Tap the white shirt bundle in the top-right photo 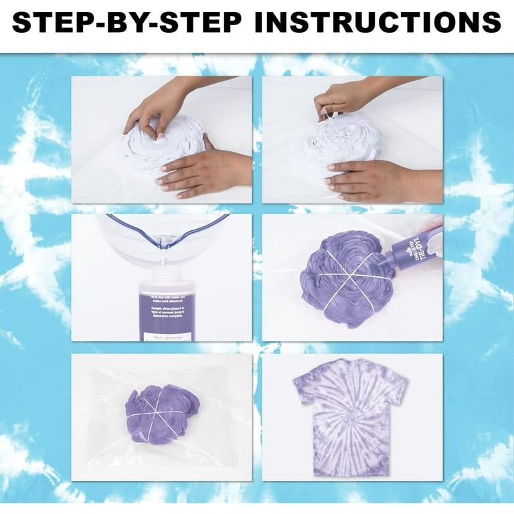[345, 144]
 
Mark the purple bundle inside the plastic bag [161, 414]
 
